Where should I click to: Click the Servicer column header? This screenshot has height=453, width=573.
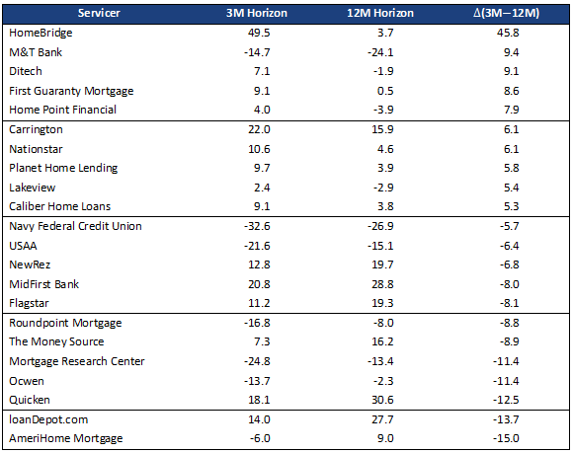pos(99,13)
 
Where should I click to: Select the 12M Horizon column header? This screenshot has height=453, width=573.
pos(380,13)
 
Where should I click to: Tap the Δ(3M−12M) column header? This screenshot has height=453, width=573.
pos(506,13)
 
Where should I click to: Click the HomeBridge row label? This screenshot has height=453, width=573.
pos(41,33)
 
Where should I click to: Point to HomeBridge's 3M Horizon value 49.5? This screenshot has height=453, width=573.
pos(259,33)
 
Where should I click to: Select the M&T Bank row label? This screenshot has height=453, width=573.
pos(36,52)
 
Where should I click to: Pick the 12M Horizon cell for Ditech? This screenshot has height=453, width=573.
pos(383,71)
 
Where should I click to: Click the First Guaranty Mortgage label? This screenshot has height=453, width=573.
pos(71,91)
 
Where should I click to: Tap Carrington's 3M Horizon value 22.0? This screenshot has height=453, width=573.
pos(259,129)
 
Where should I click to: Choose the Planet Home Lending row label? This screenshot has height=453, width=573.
pos(63,168)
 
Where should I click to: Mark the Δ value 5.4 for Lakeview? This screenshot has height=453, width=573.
pos(511,188)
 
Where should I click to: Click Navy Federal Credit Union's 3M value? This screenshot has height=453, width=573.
pos(257,226)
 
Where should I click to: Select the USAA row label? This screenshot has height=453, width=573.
pos(23,246)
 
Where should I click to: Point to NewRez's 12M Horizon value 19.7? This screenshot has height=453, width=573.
pos(382,264)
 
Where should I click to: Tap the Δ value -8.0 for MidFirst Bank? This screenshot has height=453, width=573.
pos(509,284)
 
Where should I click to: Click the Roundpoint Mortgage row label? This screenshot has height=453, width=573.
pos(65,323)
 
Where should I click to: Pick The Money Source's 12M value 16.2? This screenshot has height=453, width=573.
pos(382,341)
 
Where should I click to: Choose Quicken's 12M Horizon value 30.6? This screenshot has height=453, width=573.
pos(382,400)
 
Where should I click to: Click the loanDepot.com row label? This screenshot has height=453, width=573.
pos(48,419)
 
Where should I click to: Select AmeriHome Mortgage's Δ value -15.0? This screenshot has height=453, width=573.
pos(506,438)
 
